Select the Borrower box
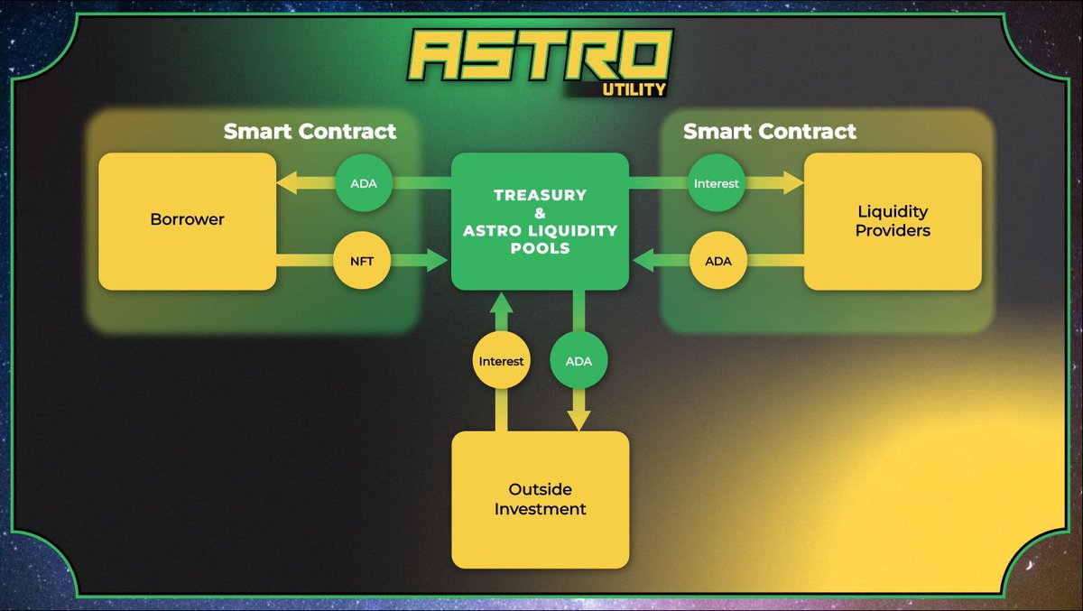(x=187, y=220)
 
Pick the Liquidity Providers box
(x=893, y=220)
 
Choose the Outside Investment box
(x=540, y=499)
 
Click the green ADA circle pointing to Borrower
(x=356, y=182)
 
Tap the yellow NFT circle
(x=356, y=261)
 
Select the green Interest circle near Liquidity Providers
(x=716, y=182)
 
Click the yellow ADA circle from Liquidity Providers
(x=717, y=261)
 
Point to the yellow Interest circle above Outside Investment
(x=501, y=361)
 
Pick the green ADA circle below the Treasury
(x=579, y=361)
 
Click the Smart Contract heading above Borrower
(x=310, y=132)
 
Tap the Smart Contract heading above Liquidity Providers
(x=769, y=132)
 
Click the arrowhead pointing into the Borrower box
(x=287, y=183)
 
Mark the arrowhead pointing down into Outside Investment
(x=579, y=420)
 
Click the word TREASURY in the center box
(x=540, y=195)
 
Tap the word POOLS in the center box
(x=540, y=247)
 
